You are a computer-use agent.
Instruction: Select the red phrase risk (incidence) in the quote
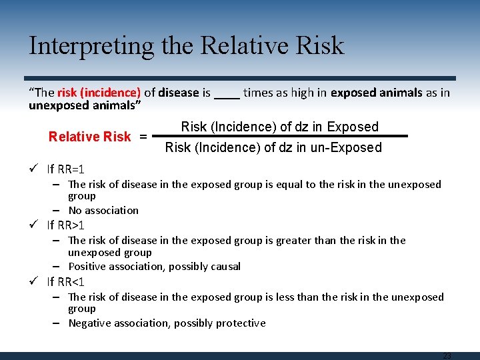pyautogui.click(x=108, y=93)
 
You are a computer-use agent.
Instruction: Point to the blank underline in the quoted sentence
pyautogui.click(x=227, y=95)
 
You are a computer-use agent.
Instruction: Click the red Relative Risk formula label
pyautogui.click(x=89, y=137)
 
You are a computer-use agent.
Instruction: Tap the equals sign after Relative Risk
pyautogui.click(x=143, y=137)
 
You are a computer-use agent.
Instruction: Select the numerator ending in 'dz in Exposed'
pyautogui.click(x=279, y=127)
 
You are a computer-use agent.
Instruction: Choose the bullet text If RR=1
pyautogui.click(x=66, y=169)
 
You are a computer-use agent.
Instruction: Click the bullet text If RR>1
pyautogui.click(x=66, y=225)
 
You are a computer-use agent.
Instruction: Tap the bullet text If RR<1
pyautogui.click(x=66, y=281)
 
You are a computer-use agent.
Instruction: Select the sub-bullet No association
pyautogui.click(x=103, y=210)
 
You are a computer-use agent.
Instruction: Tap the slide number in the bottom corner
pyautogui.click(x=447, y=356)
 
